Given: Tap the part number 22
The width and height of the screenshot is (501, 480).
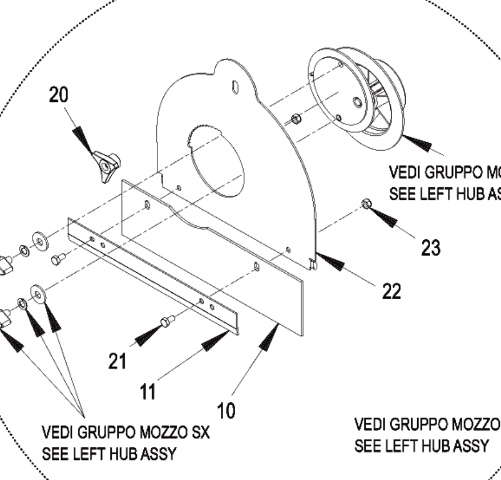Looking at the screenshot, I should [391, 292].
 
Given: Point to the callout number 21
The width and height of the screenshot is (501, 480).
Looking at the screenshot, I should [118, 361].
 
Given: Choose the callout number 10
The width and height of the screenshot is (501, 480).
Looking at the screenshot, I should [227, 410].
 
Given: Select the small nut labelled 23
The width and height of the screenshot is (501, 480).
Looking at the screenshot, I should [365, 204].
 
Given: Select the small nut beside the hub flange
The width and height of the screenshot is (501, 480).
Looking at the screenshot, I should [296, 119].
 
